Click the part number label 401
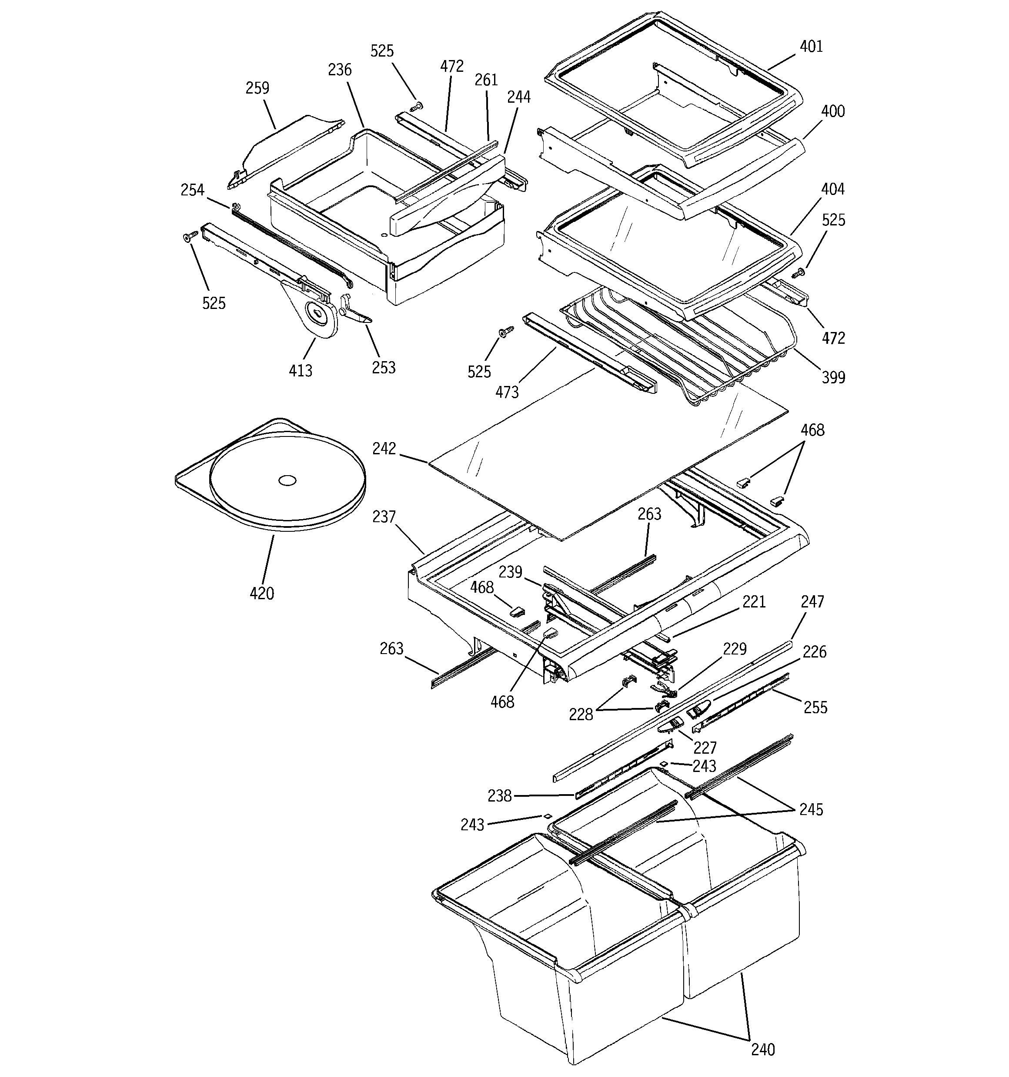811,47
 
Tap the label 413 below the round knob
300,371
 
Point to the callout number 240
762,1050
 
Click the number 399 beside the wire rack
833,378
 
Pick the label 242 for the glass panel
384,449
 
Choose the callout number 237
384,517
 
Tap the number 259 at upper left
257,88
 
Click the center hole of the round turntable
287,480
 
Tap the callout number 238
499,796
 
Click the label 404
832,189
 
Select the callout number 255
815,708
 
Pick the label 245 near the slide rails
811,809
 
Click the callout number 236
340,70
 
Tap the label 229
735,649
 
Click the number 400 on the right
832,111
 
